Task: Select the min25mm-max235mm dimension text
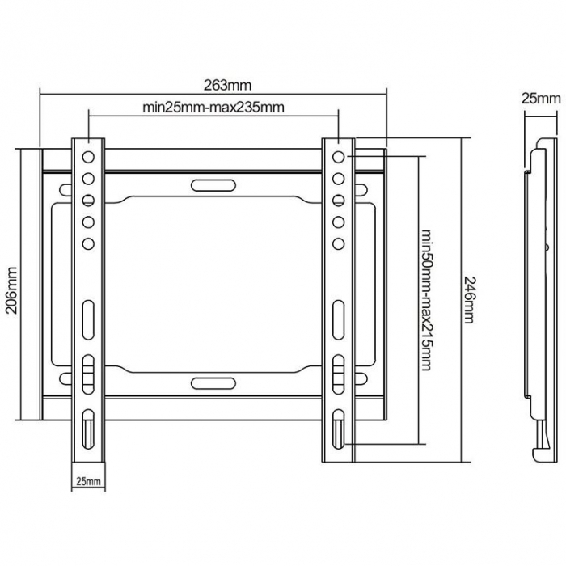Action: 213,107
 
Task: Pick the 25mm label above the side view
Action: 539,99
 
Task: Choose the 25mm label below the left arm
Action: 88,481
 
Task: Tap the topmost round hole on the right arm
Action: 338,156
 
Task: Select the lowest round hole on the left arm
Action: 88,243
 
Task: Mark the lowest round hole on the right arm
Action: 338,243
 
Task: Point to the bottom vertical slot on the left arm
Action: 88,429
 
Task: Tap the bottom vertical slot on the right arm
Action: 338,429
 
